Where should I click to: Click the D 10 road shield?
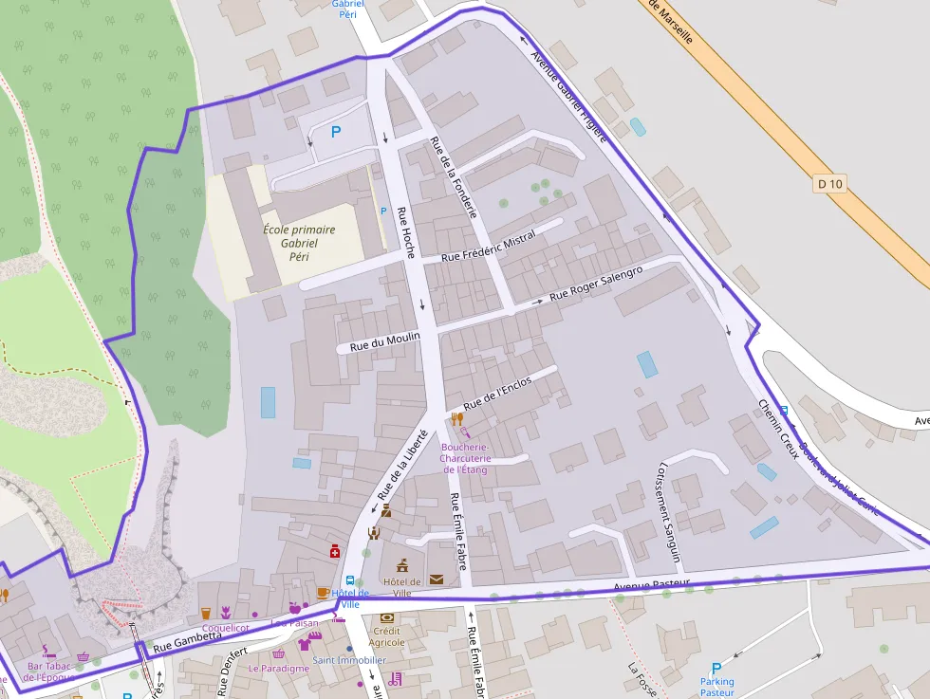point(829,184)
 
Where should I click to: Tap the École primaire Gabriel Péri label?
point(299,243)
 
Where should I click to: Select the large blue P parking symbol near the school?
point(335,133)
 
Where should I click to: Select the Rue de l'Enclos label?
point(499,395)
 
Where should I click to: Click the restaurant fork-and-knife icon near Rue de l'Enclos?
point(456,418)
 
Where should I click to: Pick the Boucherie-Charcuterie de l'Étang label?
point(463,457)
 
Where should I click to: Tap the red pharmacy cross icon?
point(334,551)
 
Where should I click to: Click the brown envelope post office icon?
point(436,579)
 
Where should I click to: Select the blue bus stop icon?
point(350,580)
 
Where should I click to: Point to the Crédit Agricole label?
point(386,636)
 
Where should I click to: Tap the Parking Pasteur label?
point(716,687)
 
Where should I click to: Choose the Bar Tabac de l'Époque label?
point(48,671)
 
